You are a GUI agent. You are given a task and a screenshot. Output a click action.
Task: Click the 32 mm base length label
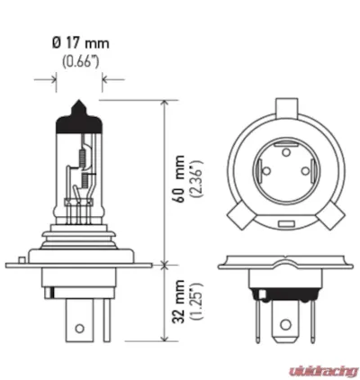tap(182, 306)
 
